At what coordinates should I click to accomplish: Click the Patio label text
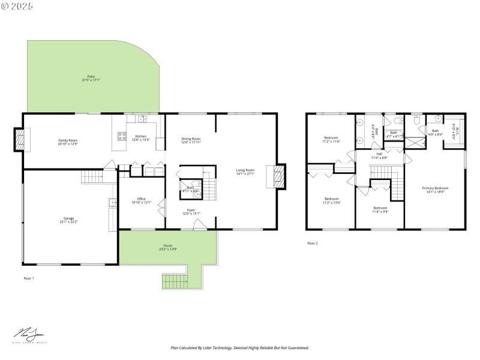pyautogui.click(x=91, y=77)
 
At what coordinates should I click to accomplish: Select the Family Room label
pyautogui.click(x=68, y=142)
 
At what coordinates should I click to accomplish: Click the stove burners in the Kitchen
pyautogui.click(x=122, y=136)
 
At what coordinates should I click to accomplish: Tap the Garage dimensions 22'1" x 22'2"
pyautogui.click(x=69, y=221)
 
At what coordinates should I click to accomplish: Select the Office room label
pyautogui.click(x=141, y=200)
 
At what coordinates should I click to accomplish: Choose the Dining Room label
pyautogui.click(x=191, y=140)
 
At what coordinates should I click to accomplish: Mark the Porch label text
pyautogui.click(x=168, y=247)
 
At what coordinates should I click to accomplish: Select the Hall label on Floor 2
pyautogui.click(x=379, y=155)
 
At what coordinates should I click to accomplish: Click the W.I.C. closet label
pyautogui.click(x=454, y=128)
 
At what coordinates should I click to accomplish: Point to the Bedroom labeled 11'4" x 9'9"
pyautogui.click(x=379, y=210)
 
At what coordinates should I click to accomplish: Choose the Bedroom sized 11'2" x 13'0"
pyautogui.click(x=331, y=200)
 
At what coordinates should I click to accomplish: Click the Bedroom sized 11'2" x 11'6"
pyautogui.click(x=331, y=139)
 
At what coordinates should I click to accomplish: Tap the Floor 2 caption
pyautogui.click(x=313, y=243)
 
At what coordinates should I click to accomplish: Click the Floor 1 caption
pyautogui.click(x=29, y=278)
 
